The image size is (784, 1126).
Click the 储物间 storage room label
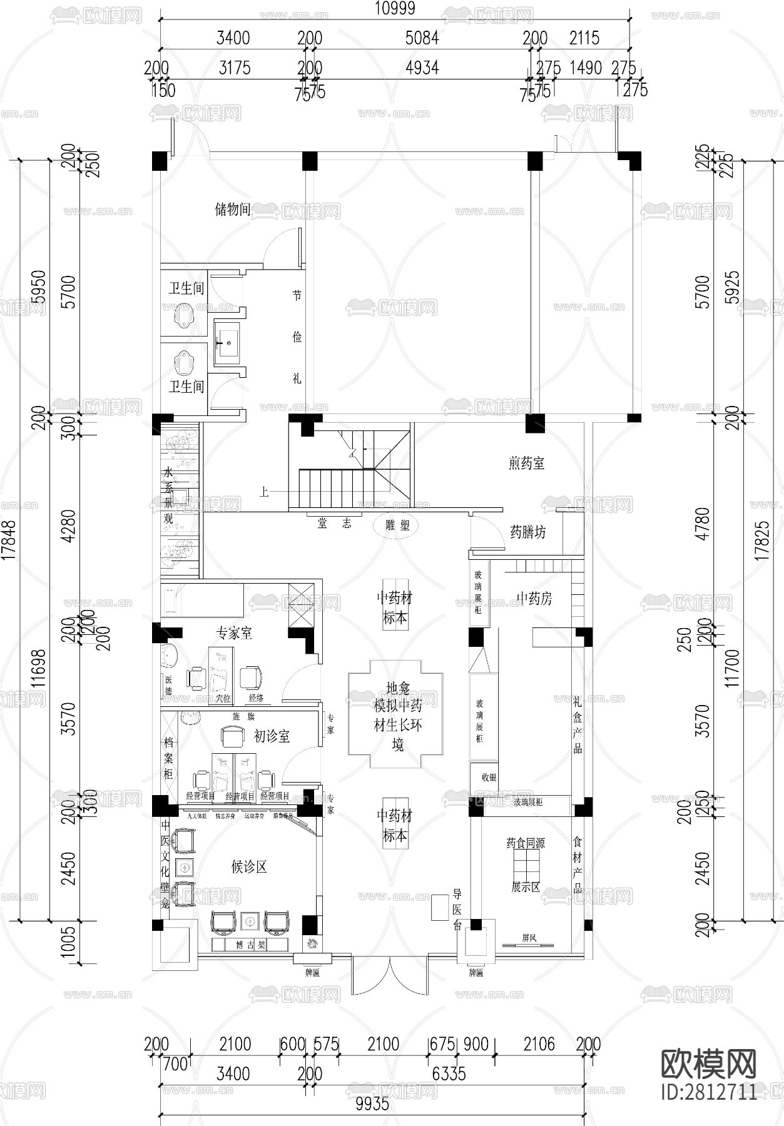[x=233, y=209]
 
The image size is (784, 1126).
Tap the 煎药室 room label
[x=526, y=464]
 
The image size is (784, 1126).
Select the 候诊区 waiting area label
[x=249, y=867]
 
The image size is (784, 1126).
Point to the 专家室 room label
[x=234, y=633]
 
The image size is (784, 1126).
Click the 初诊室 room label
[x=272, y=736]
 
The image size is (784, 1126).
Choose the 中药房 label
[x=534, y=599]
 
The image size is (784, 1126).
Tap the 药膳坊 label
[x=528, y=532]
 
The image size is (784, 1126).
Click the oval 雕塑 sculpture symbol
[x=397, y=525]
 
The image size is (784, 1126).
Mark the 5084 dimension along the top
[x=422, y=38]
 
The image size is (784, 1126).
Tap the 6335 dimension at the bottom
[x=449, y=1073]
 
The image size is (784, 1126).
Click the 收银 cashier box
[x=489, y=778]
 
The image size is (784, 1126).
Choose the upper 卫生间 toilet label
[x=186, y=288]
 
